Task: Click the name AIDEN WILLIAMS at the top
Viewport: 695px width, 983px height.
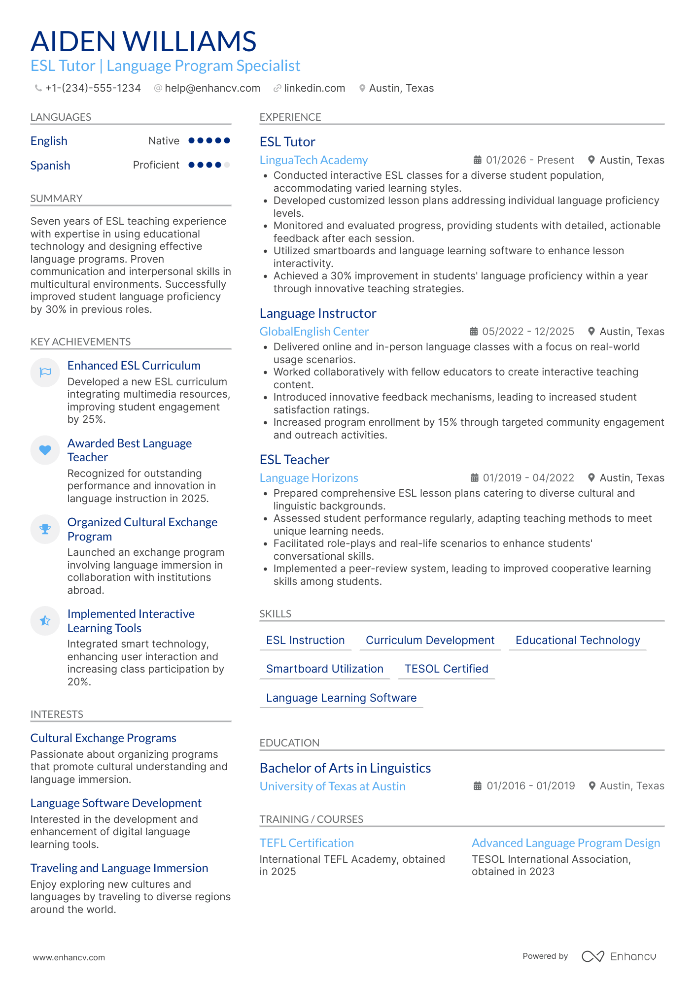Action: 143,41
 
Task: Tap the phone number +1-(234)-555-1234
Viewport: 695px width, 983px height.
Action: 93,88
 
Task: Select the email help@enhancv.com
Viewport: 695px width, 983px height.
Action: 212,88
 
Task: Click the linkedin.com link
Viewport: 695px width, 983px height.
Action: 314,88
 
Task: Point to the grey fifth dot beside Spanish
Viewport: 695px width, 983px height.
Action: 227,165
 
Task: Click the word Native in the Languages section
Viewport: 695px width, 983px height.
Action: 164,141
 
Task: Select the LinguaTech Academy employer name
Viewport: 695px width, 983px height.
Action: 313,160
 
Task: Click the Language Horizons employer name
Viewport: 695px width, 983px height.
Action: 309,478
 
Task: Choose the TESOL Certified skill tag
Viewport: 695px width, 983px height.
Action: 446,669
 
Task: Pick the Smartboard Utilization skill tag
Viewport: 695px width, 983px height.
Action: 324,669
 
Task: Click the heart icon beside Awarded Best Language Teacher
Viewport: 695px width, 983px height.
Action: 45,450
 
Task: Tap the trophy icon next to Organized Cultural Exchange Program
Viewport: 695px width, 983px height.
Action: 45,529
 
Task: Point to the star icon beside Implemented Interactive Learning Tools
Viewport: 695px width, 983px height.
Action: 45,620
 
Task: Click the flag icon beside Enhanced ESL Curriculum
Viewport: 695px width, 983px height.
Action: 45,372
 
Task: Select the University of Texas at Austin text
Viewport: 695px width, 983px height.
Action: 332,786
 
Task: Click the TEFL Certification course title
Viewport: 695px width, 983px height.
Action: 307,843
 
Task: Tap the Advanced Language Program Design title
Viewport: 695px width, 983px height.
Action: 565,843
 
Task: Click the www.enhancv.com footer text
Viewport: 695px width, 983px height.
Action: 69,957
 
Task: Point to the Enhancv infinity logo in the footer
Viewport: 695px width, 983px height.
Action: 592,956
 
